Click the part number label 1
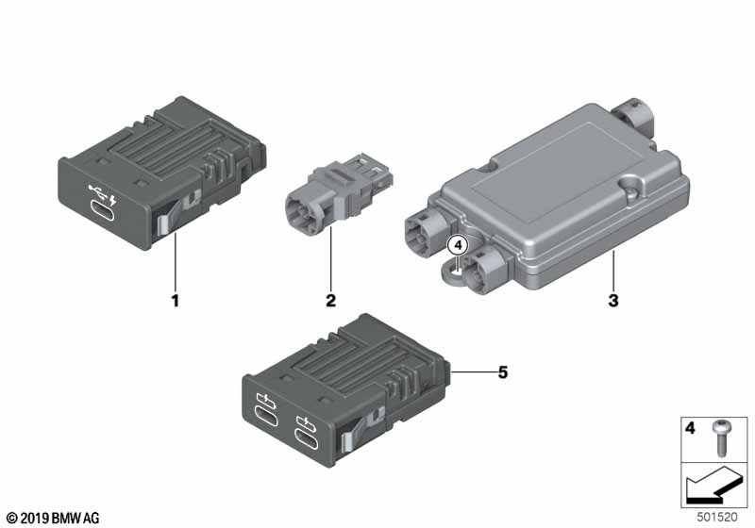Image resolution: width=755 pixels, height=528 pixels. (175, 302)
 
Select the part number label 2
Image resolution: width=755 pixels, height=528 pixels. (330, 302)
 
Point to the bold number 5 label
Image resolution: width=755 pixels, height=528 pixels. (503, 373)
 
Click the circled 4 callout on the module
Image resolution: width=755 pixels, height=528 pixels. (457, 244)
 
